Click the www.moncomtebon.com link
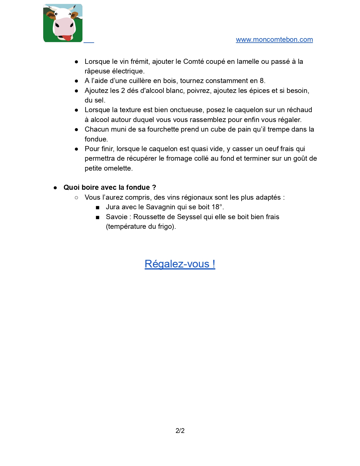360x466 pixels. tap(274, 40)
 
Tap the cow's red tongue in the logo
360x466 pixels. tap(67, 38)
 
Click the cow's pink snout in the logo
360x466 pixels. tap(64, 27)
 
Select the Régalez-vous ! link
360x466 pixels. tap(180, 264)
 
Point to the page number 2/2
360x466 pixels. tap(180, 430)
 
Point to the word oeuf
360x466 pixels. tap(271, 149)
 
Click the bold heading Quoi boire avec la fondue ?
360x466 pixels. tap(110, 188)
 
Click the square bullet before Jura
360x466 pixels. tap(98, 208)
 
